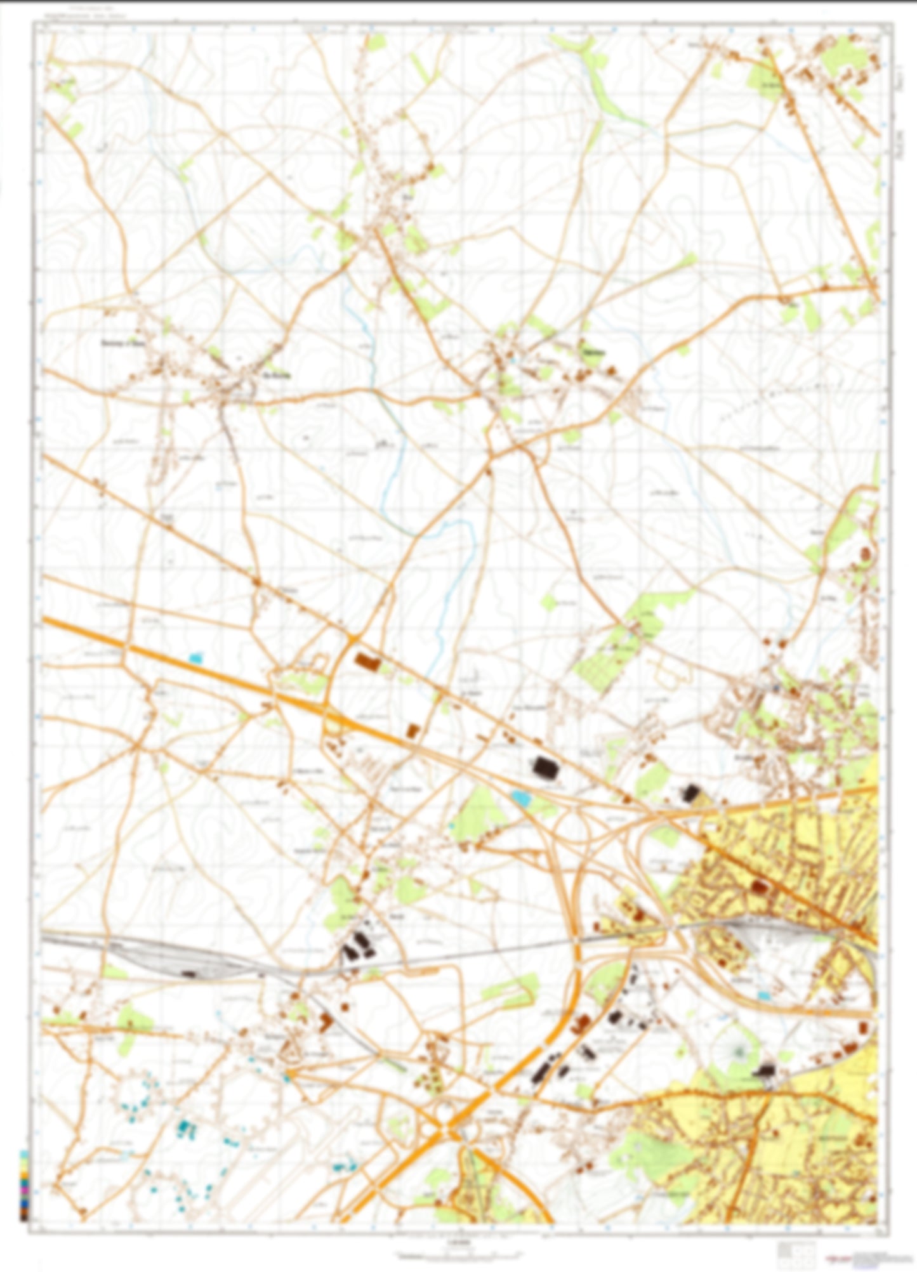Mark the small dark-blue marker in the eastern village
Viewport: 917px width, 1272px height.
click(x=776, y=687)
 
